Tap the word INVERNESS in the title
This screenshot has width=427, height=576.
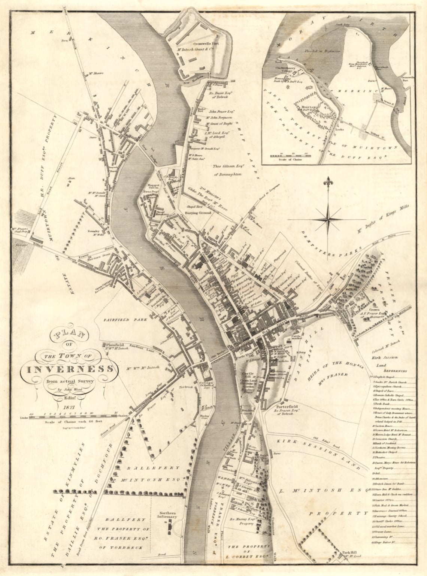[70, 369]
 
